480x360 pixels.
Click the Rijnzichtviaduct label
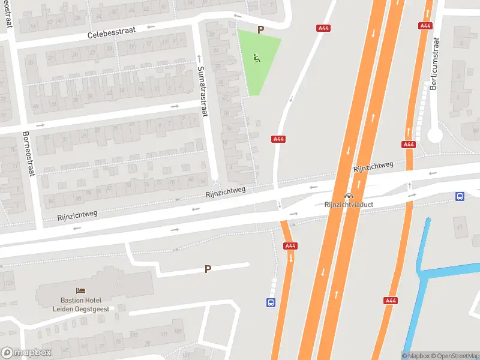(349, 205)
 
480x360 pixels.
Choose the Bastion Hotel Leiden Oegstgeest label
(80, 304)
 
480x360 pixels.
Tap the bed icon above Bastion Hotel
(80, 290)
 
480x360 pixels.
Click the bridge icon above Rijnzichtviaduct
(348, 196)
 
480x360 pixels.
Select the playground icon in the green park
(257, 58)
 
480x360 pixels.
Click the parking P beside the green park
(260, 29)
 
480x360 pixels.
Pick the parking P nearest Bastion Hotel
(208, 269)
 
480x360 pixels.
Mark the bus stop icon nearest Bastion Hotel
(271, 303)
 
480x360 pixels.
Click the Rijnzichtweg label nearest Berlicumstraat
(373, 167)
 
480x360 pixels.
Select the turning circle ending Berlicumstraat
(435, 136)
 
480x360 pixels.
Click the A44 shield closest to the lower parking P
(290, 245)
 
